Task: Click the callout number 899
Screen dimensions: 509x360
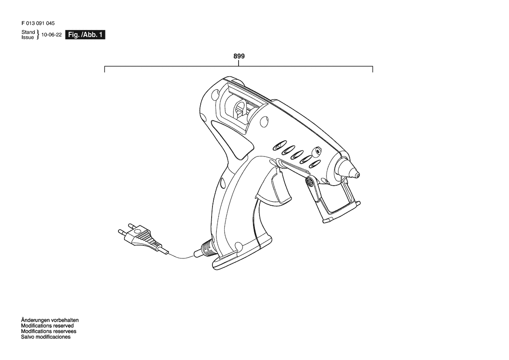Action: point(239,56)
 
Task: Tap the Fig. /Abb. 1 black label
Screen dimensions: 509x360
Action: point(85,35)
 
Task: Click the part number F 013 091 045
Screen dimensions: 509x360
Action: point(38,24)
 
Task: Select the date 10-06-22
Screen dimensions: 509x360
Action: point(51,35)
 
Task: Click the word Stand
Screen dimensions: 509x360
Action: point(28,32)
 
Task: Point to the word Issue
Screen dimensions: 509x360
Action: point(27,37)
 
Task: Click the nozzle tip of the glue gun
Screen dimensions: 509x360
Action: point(357,175)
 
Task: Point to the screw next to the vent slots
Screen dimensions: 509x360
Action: point(317,151)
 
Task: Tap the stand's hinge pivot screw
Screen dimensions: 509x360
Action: point(310,182)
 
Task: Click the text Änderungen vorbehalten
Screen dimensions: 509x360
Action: point(50,320)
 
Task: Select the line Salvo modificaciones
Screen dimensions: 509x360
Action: point(46,337)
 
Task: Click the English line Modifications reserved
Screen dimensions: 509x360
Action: point(47,326)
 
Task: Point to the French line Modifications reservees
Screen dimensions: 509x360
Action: point(49,331)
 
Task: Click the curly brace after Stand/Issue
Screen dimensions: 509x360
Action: point(37,35)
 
